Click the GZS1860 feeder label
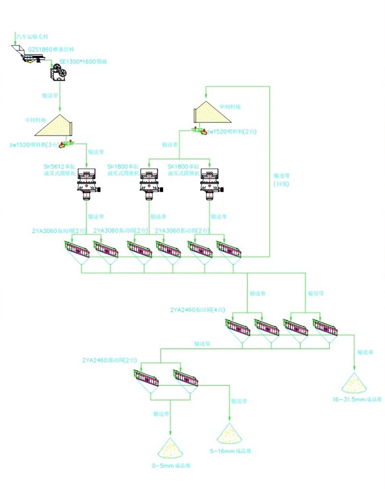tap(50, 49)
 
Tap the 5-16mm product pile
tap(229, 435)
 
